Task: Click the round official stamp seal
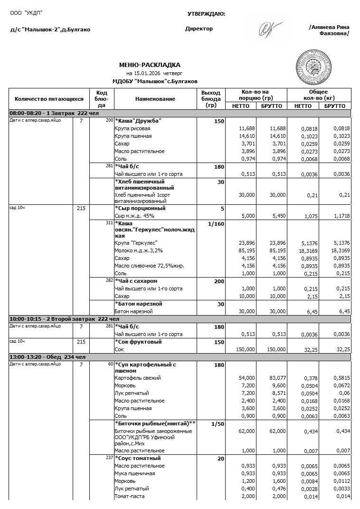[313, 65]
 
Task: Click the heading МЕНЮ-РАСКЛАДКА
[150, 65]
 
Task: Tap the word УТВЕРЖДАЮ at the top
[206, 14]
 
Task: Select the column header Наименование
[155, 99]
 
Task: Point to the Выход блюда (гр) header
[211, 99]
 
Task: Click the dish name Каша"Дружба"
[138, 121]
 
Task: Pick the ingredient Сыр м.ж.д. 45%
[134, 216]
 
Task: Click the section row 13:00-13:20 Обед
[47, 357]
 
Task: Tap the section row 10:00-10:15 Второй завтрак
[64, 319]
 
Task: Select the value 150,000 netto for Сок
[246, 349]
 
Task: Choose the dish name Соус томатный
[139, 458]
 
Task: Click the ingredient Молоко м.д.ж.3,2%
[139, 250]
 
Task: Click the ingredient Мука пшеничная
[134, 473]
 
